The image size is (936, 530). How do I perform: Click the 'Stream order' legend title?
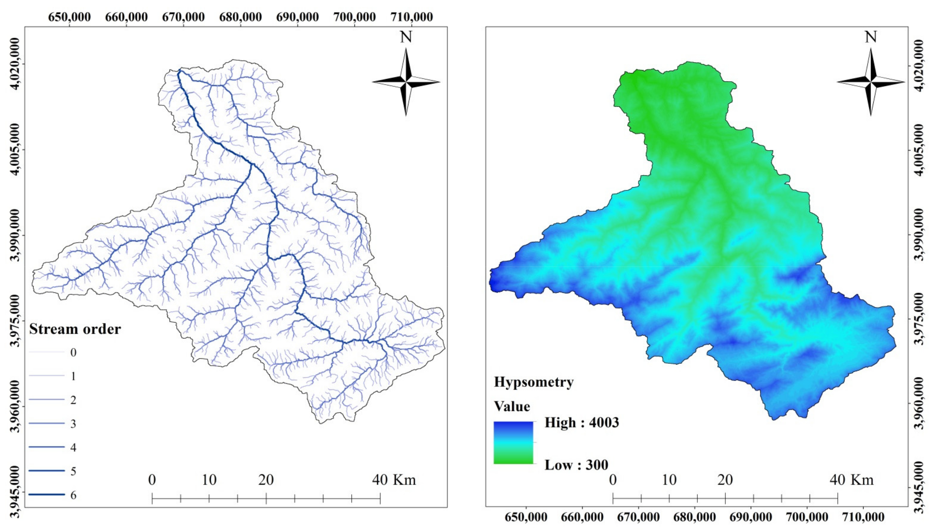coord(75,329)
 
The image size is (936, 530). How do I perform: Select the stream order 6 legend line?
coord(47,494)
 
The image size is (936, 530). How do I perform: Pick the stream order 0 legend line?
coord(47,352)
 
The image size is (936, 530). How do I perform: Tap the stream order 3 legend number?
coord(73,424)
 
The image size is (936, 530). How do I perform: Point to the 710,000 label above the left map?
coord(412,17)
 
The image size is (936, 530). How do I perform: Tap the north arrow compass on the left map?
coord(406,82)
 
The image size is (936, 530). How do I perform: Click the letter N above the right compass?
coord(871,37)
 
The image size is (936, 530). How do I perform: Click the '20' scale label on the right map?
coord(725,480)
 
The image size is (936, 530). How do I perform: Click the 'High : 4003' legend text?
coord(582,423)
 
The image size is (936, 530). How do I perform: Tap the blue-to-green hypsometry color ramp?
coord(513,443)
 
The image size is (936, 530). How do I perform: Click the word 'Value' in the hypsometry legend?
coord(512,406)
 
